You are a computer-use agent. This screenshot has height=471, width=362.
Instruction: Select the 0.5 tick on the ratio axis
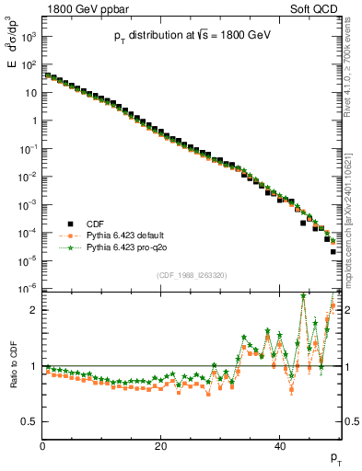coord(30,421)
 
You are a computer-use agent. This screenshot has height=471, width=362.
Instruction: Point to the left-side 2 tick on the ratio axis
coord(34,310)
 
